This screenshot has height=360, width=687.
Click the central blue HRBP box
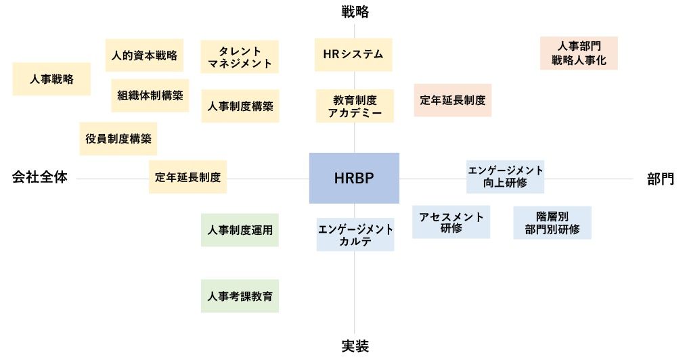[354, 178]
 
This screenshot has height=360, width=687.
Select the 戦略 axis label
[355, 12]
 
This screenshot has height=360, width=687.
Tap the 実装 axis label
[355, 346]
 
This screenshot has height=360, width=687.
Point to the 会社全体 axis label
[40, 178]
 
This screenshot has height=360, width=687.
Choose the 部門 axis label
[660, 179]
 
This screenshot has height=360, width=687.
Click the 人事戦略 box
[51, 79]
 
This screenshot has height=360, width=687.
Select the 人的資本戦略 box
[145, 55]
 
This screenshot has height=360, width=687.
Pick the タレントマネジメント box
[240, 58]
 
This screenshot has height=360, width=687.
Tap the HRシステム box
[355, 55]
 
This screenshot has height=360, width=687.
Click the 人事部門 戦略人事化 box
[579, 53]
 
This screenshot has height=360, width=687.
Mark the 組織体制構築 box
[150, 95]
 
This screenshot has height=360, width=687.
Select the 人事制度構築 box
[240, 106]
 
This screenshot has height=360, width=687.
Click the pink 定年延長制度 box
[453, 100]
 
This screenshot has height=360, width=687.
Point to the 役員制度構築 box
[118, 139]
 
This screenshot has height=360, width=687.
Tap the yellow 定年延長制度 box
[187, 177]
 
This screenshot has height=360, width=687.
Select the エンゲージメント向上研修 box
[506, 176]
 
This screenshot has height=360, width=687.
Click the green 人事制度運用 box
[240, 230]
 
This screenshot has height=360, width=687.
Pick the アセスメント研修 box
[451, 223]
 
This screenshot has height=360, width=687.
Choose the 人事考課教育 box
[240, 296]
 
